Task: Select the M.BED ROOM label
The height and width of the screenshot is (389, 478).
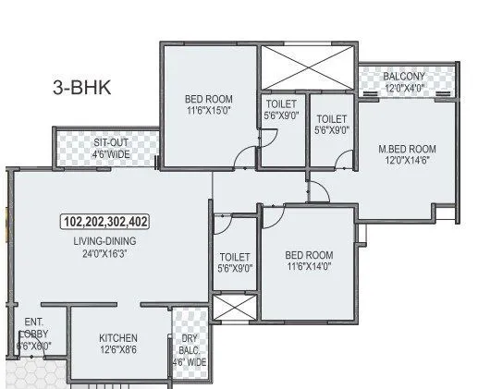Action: click(408, 149)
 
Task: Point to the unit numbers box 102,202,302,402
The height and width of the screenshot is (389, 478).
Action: click(105, 223)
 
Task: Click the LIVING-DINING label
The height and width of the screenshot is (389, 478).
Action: click(104, 240)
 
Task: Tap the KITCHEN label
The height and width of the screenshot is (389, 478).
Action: click(118, 338)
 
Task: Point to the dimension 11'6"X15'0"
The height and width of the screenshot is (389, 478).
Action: click(208, 113)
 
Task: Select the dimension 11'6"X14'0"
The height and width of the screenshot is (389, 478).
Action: click(308, 267)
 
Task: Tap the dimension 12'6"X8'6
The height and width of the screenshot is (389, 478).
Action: click(119, 351)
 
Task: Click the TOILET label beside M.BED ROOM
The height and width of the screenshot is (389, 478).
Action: click(330, 118)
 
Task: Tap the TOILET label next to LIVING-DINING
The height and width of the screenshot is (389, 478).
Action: click(235, 257)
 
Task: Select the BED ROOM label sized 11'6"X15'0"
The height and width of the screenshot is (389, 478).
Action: click(208, 100)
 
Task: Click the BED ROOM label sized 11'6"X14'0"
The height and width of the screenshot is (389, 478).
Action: click(308, 254)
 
